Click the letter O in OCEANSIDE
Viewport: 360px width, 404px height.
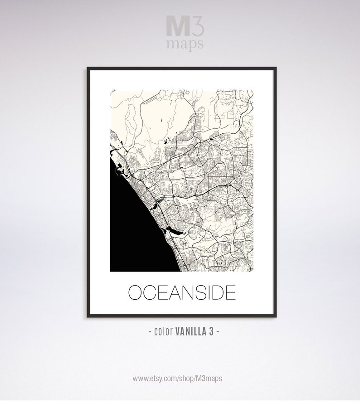pos(136,293)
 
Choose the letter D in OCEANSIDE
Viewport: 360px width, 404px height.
pos(219,293)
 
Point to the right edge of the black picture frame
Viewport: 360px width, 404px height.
pos(275,190)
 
